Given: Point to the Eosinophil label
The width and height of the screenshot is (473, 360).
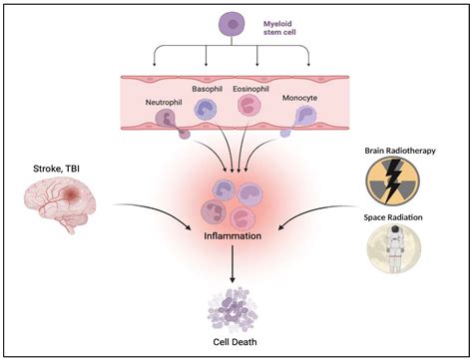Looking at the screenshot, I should pos(250,88).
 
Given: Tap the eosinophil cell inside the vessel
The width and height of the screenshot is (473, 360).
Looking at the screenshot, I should pos(246,107).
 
